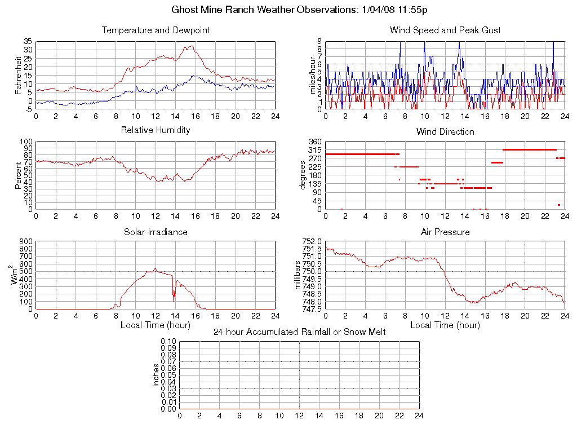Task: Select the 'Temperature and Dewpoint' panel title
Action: (x=156, y=30)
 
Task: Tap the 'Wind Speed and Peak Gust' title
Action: (x=445, y=30)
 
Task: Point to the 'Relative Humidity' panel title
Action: (x=156, y=130)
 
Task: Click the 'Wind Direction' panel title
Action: (x=445, y=131)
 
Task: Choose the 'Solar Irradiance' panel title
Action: (x=156, y=232)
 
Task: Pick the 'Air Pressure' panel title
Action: (x=445, y=232)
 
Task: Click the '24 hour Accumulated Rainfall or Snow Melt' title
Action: (x=299, y=332)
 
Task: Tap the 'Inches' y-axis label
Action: (x=156, y=375)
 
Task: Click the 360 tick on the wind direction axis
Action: (x=315, y=142)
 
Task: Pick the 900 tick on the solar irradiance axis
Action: (x=26, y=241)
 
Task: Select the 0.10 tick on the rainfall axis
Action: (x=168, y=342)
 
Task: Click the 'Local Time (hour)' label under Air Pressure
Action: (x=445, y=325)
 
